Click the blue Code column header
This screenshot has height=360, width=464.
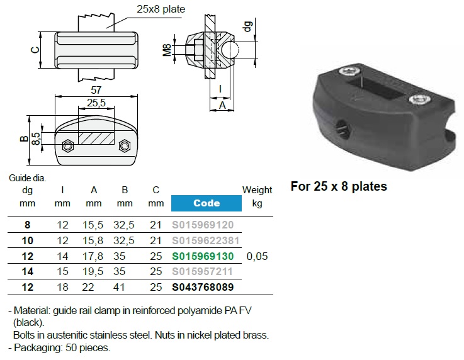tap(206, 203)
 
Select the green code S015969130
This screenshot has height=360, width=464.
tap(203, 256)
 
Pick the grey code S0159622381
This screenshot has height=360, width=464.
tap(206, 240)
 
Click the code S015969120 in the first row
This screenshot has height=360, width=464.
tap(203, 225)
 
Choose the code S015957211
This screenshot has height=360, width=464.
tap(203, 272)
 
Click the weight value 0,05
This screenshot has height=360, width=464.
tap(257, 256)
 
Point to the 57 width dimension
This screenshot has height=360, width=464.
tap(96, 91)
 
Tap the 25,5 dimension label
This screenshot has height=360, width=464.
tap(96, 102)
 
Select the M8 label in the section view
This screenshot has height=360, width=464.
tap(167, 50)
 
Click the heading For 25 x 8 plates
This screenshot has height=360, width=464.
tap(339, 186)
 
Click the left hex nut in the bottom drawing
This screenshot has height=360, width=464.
tap(66, 146)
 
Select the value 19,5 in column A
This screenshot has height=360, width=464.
tap(94, 272)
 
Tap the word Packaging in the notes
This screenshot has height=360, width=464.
tap(38, 347)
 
